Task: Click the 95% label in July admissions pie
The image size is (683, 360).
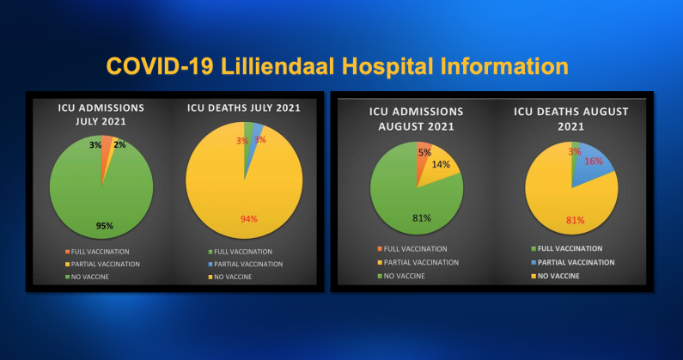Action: point(105,226)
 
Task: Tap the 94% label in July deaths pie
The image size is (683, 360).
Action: point(249,219)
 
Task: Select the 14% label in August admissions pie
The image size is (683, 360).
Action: point(441,164)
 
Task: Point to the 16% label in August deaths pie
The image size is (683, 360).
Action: point(594,162)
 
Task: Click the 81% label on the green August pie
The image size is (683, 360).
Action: point(422,218)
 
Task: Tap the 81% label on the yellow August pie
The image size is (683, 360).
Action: point(575,221)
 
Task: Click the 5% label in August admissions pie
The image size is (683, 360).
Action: point(424,153)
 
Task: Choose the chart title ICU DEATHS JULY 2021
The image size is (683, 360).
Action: point(244,107)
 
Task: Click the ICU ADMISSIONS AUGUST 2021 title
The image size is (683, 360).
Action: point(417,119)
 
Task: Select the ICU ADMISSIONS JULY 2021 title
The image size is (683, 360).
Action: point(101,114)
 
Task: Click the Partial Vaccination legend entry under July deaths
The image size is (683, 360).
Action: point(246,264)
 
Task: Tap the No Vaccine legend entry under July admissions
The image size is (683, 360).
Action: point(87,277)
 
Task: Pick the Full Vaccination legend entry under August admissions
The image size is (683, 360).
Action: point(412,249)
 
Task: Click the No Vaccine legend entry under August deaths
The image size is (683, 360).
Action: point(555,276)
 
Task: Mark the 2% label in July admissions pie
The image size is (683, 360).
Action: point(119,144)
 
